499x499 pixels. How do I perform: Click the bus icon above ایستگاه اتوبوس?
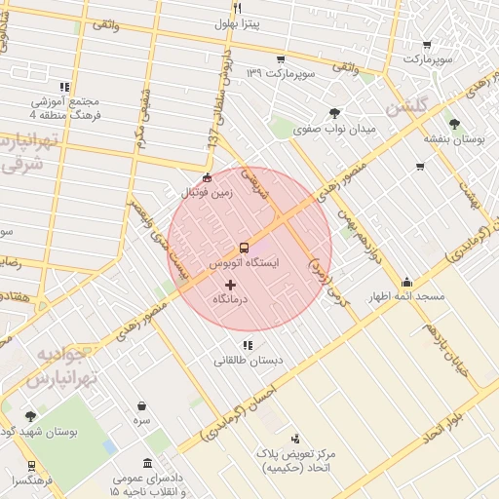[x=244, y=248]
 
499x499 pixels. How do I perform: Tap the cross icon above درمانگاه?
[x=231, y=285]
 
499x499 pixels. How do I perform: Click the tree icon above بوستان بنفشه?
[x=454, y=123]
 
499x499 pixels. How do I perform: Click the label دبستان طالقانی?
[x=249, y=360]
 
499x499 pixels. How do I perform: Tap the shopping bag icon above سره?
[x=142, y=405]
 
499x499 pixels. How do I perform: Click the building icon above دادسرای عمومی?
[x=147, y=463]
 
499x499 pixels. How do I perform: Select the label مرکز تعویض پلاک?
[x=295, y=454]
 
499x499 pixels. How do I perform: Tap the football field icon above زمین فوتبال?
[x=206, y=178]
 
